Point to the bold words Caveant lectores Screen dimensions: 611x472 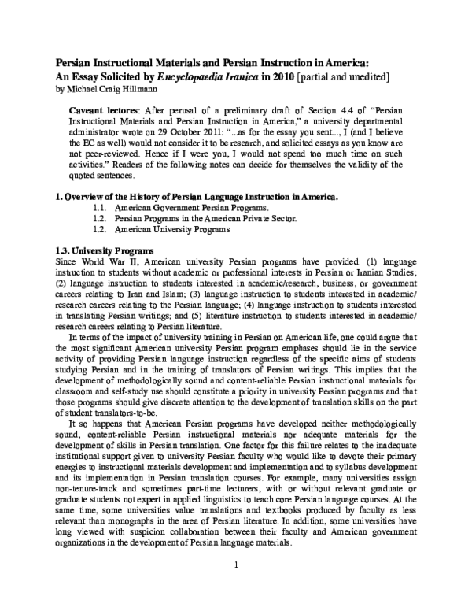101,111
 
